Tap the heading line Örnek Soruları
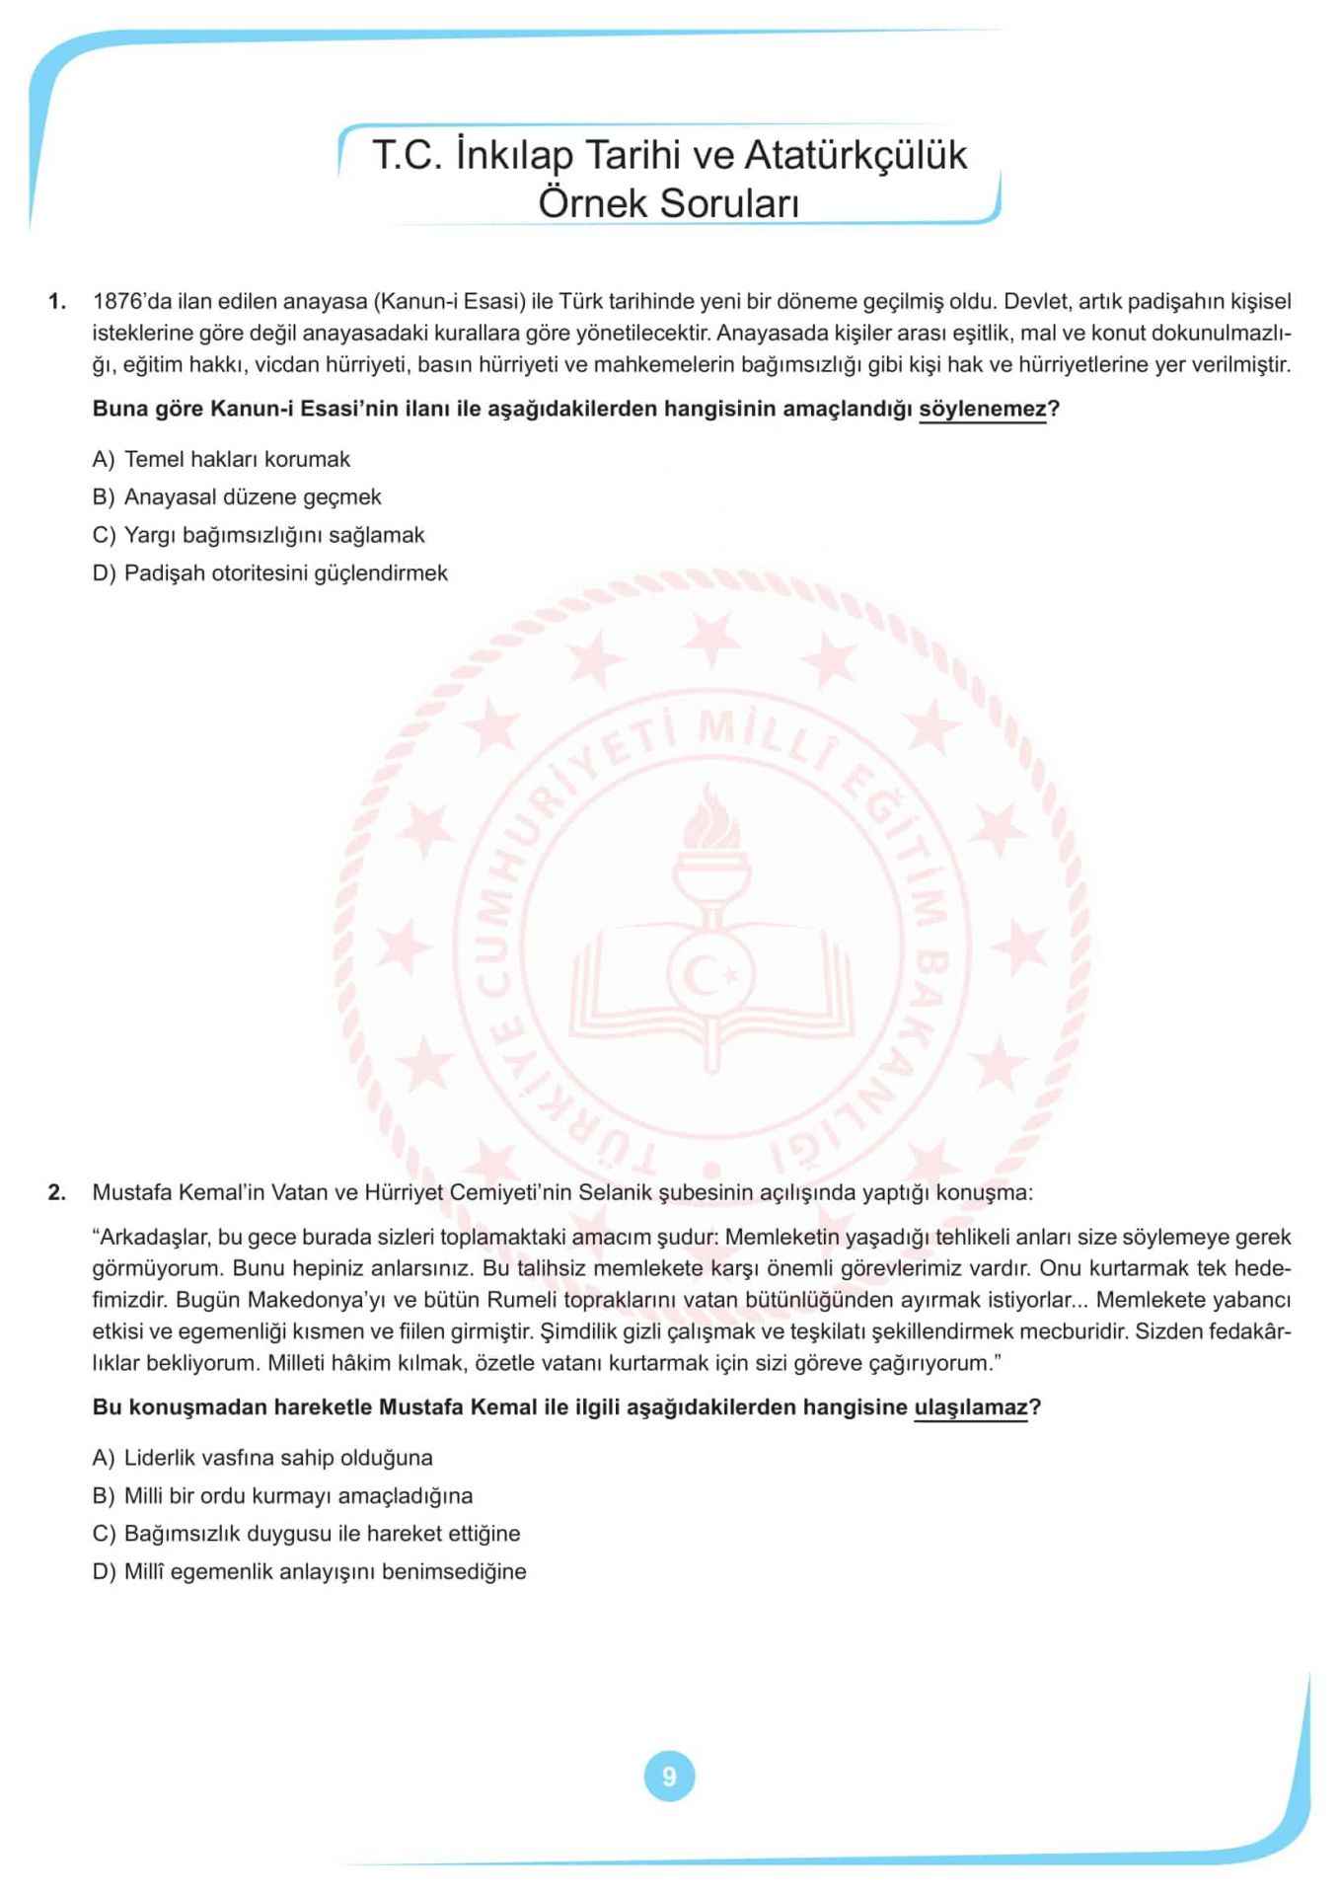point(668,203)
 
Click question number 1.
point(57,301)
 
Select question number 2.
point(57,1192)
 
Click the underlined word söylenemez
point(982,409)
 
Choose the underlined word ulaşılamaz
point(971,1407)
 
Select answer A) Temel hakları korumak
point(221,459)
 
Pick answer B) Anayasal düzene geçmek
point(237,497)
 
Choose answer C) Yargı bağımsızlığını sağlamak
point(259,535)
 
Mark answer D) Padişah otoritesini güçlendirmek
point(269,573)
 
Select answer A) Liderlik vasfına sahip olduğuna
point(262,1458)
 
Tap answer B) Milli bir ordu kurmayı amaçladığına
point(282,1496)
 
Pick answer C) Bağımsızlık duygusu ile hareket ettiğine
point(306,1534)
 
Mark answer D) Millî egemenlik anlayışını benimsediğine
point(309,1572)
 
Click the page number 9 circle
point(669,1777)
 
